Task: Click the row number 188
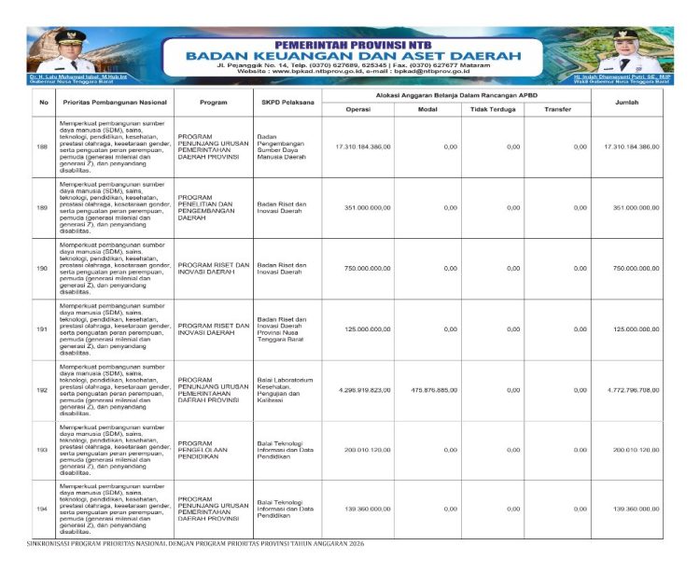click(42, 147)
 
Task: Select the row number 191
click(42, 329)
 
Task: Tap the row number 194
click(42, 509)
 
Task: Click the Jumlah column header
click(626, 103)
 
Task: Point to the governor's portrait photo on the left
click(66, 52)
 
